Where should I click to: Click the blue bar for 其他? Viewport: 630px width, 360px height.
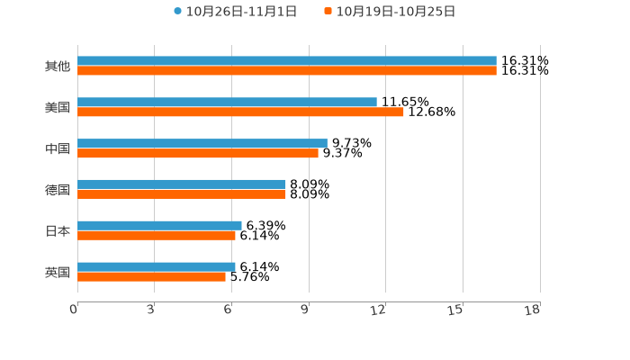point(286,61)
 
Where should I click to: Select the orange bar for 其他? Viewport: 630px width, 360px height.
point(286,71)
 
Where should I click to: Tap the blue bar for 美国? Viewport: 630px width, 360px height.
point(227,103)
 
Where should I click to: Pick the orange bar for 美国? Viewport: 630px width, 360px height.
point(240,112)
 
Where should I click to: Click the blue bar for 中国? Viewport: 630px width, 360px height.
point(202,143)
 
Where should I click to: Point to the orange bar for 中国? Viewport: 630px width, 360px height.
point(198,154)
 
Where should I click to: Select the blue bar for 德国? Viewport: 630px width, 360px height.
point(182,184)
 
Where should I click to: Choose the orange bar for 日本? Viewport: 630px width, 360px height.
point(157,236)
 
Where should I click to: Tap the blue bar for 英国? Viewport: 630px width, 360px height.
point(157,266)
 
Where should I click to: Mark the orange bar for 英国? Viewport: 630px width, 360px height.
point(151,277)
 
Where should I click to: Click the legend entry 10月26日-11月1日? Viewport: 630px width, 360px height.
point(235,12)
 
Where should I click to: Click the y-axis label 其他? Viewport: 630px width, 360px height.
point(58,67)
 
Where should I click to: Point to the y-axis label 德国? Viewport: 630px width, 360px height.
point(58,190)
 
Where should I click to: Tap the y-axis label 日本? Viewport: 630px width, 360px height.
point(58,231)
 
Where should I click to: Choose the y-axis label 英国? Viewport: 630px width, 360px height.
point(58,272)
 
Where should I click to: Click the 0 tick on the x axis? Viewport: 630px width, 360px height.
point(74,310)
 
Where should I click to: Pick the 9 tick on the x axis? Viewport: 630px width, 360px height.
point(305,310)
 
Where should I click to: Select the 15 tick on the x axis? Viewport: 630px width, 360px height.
point(456,310)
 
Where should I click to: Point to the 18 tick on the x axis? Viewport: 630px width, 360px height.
point(533,310)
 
